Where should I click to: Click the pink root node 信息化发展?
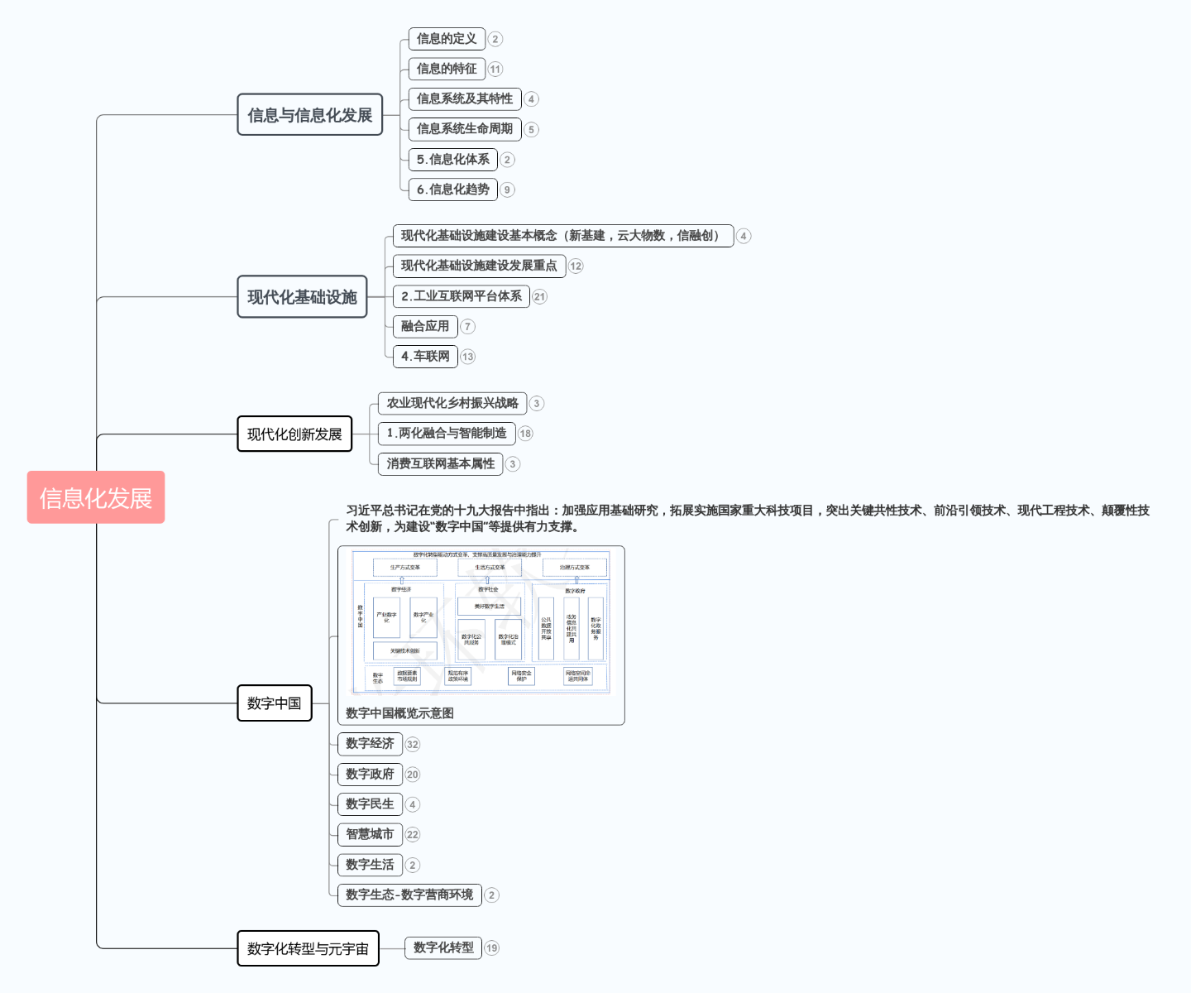[x=96, y=497]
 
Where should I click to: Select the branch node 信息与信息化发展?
[x=309, y=115]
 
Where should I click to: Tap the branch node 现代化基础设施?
[x=302, y=297]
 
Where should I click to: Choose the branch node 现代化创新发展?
[x=294, y=434]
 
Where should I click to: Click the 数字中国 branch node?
[x=274, y=703]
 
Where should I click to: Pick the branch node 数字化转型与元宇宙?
[x=308, y=948]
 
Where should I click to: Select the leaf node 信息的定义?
[x=447, y=39]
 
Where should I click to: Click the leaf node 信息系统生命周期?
[x=464, y=129]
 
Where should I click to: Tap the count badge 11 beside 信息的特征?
[x=495, y=70]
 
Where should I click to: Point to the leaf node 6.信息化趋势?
[x=452, y=189]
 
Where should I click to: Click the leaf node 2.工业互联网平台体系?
[x=461, y=296]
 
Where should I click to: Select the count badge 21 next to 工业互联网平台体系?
[x=540, y=297]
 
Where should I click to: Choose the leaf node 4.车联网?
[x=425, y=357]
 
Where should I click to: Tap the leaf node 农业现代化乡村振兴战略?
[x=452, y=403]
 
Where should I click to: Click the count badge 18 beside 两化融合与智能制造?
[x=526, y=434]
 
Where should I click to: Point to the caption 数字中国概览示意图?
[x=399, y=713]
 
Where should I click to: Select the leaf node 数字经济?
[x=370, y=744]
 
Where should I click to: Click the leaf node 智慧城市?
[x=370, y=834]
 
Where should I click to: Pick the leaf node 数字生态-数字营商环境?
[x=409, y=895]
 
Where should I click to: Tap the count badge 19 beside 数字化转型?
[x=492, y=948]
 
